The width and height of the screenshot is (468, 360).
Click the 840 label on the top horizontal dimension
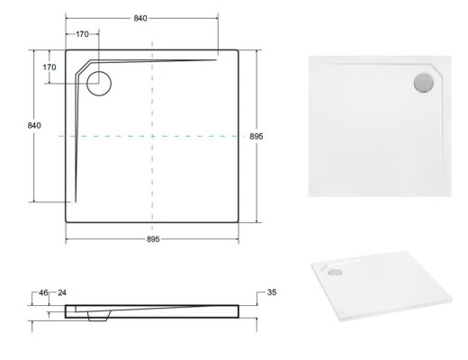click(140, 18)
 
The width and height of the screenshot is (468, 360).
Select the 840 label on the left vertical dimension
click(34, 125)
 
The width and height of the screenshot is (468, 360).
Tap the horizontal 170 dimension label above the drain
click(82, 34)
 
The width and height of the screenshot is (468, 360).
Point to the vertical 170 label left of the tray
click(49, 67)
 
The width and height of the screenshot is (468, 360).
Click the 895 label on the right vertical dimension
click(256, 137)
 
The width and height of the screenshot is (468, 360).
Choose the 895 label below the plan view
click(153, 239)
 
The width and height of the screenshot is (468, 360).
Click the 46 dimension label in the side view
click(43, 292)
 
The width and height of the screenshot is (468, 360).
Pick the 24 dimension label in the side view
click(62, 292)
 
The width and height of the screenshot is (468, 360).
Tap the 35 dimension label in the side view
click(272, 292)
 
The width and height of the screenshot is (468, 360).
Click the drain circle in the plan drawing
click(99, 71)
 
